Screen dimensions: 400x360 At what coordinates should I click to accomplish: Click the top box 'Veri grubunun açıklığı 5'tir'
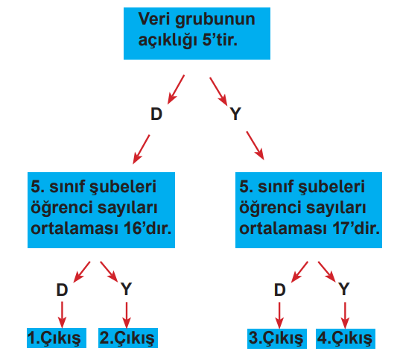pyautogui.click(x=197, y=34)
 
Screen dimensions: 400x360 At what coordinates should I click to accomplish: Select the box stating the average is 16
pyautogui.click(x=101, y=210)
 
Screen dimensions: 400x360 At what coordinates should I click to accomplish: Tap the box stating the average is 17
pyautogui.click(x=308, y=210)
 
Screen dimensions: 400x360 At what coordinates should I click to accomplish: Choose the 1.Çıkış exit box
pyautogui.click(x=57, y=338)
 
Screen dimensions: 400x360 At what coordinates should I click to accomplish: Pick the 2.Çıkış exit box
pyautogui.click(x=128, y=338)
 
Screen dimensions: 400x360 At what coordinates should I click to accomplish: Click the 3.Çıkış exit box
pyautogui.click(x=277, y=338)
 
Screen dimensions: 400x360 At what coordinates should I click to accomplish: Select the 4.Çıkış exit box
pyautogui.click(x=346, y=338)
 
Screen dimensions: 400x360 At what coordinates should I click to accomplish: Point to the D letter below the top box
pyautogui.click(x=156, y=114)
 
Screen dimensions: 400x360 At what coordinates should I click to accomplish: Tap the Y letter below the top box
pyautogui.click(x=235, y=114)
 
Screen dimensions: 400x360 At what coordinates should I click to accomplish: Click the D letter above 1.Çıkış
pyautogui.click(x=62, y=290)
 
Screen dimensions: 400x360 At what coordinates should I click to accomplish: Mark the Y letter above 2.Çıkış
pyautogui.click(x=127, y=289)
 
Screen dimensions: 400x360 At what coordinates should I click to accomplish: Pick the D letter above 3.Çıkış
pyautogui.click(x=280, y=290)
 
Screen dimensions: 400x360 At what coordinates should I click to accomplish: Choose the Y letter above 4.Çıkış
pyautogui.click(x=344, y=289)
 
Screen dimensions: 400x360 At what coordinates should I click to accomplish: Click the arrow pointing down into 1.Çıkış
pyautogui.click(x=62, y=315)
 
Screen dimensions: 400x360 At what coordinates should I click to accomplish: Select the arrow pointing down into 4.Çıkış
pyautogui.click(x=345, y=315)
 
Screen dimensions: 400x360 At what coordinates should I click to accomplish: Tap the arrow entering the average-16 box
pyautogui.click(x=142, y=149)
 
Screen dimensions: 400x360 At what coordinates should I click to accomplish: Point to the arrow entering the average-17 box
pyautogui.click(x=255, y=146)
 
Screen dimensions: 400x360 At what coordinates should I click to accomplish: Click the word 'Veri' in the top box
pyautogui.click(x=154, y=19)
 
